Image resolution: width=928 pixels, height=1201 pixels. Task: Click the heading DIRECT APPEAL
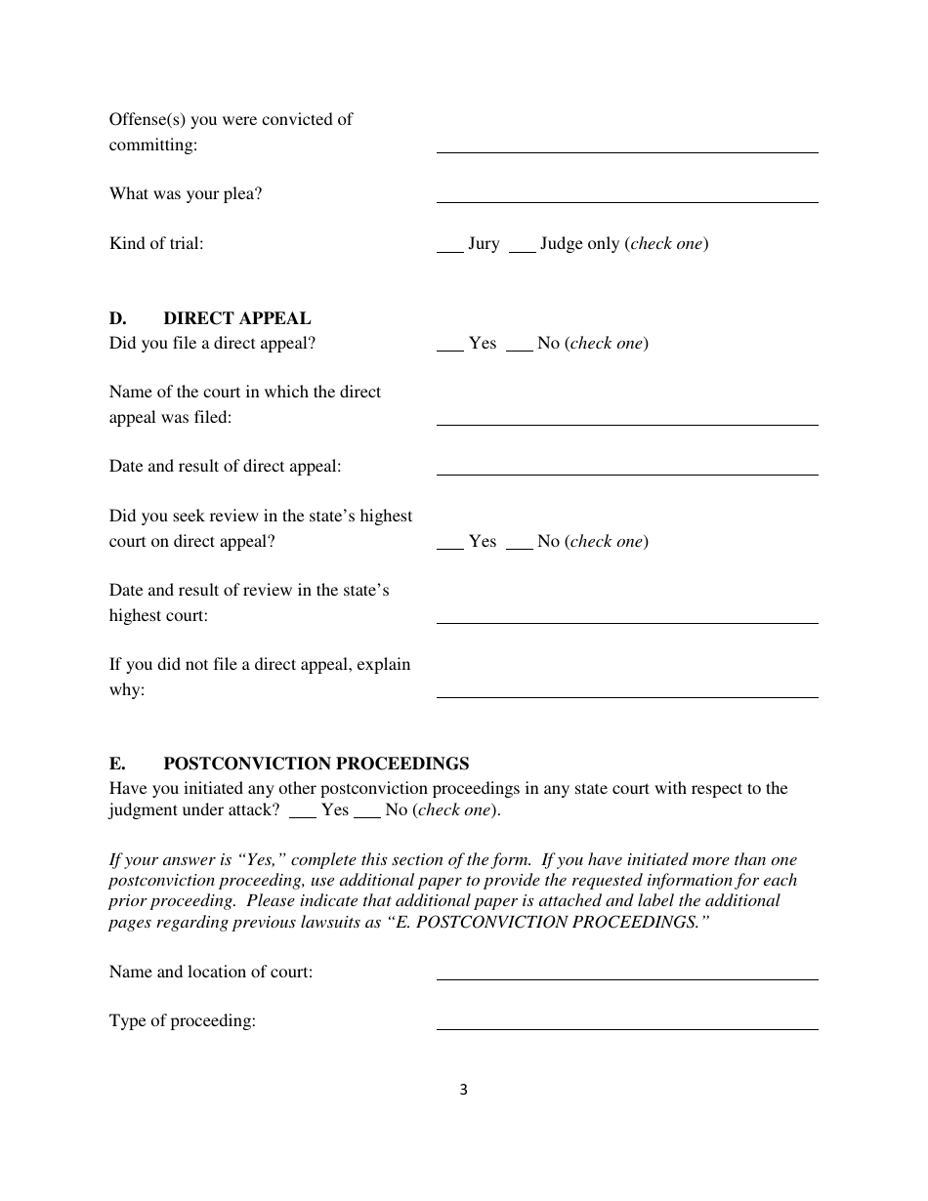pos(237,318)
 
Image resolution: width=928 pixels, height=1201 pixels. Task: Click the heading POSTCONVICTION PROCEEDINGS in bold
pos(316,764)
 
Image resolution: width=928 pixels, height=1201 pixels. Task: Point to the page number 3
pos(463,1090)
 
